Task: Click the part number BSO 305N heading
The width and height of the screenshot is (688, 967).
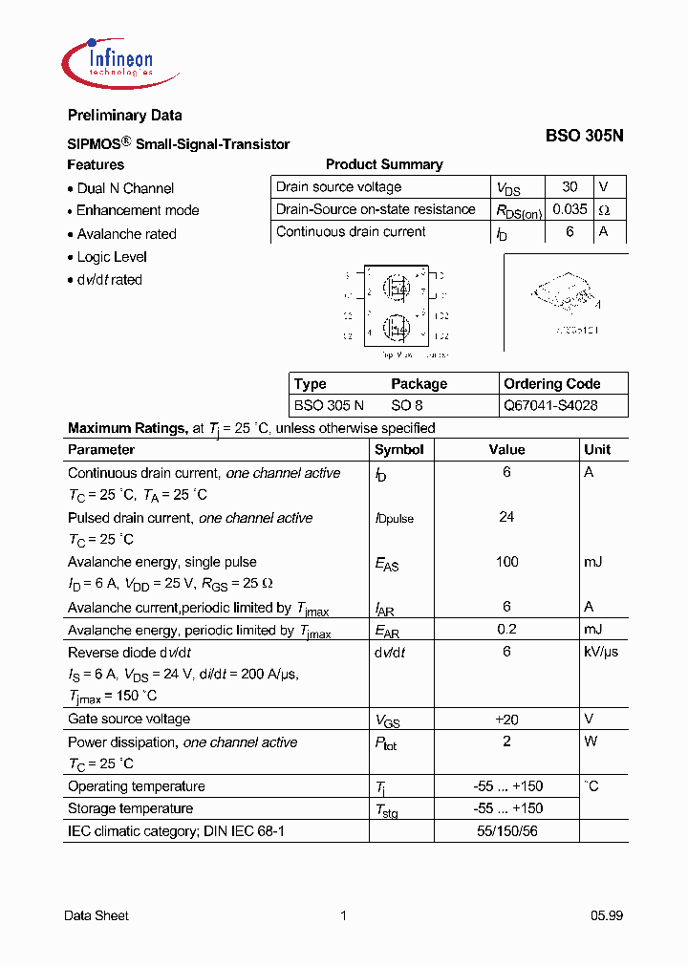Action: (x=584, y=136)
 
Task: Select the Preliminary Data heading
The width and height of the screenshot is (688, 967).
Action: (x=124, y=116)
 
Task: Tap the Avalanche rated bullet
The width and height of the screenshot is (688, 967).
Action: (x=126, y=234)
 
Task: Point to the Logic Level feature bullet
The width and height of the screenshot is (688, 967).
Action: (x=112, y=257)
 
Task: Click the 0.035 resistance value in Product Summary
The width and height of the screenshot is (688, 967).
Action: (x=570, y=209)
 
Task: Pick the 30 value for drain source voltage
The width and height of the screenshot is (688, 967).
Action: (x=570, y=187)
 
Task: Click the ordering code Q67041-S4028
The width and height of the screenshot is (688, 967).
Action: (x=551, y=405)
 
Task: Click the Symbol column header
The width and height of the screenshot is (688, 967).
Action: (x=398, y=449)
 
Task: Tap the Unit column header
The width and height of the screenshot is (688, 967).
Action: (x=597, y=449)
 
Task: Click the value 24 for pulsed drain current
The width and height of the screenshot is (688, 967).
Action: (x=506, y=517)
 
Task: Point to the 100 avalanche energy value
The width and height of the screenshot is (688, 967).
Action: (x=506, y=562)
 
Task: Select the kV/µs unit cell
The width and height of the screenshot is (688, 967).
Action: (x=601, y=652)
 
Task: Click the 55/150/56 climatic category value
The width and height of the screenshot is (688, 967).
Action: (x=506, y=831)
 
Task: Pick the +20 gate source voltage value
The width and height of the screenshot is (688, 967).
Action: (x=506, y=719)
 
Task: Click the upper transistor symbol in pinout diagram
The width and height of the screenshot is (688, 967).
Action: (x=397, y=286)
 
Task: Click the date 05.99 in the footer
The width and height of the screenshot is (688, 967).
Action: (x=606, y=915)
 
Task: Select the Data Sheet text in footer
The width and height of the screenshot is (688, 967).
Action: (x=97, y=915)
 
